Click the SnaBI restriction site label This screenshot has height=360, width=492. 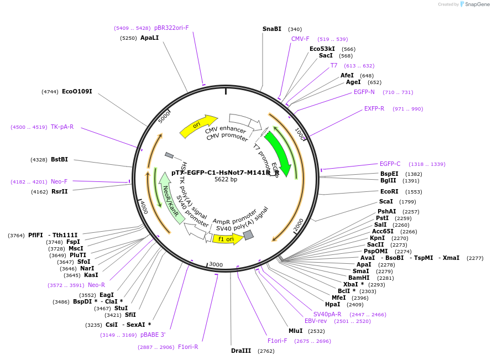pos(271,29)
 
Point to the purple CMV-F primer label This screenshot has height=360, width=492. pos(300,39)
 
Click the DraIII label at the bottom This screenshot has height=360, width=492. pos(241,351)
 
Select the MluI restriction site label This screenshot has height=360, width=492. pos(295,331)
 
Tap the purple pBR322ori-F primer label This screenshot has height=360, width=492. pos(171,28)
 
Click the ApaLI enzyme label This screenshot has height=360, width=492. pos(149,38)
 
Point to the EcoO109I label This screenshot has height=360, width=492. pos(77,91)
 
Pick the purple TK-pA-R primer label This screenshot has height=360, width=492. pos(62,127)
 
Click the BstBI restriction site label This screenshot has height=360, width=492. pos(59,159)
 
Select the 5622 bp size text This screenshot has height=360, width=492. pos(226,179)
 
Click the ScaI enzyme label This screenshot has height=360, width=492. pos(386,202)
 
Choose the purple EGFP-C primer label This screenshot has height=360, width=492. pos(390,164)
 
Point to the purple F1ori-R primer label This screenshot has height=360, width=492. pos(188,347)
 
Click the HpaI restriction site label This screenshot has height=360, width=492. pos(332,304)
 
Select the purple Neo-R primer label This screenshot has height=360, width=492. pos(96,285)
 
